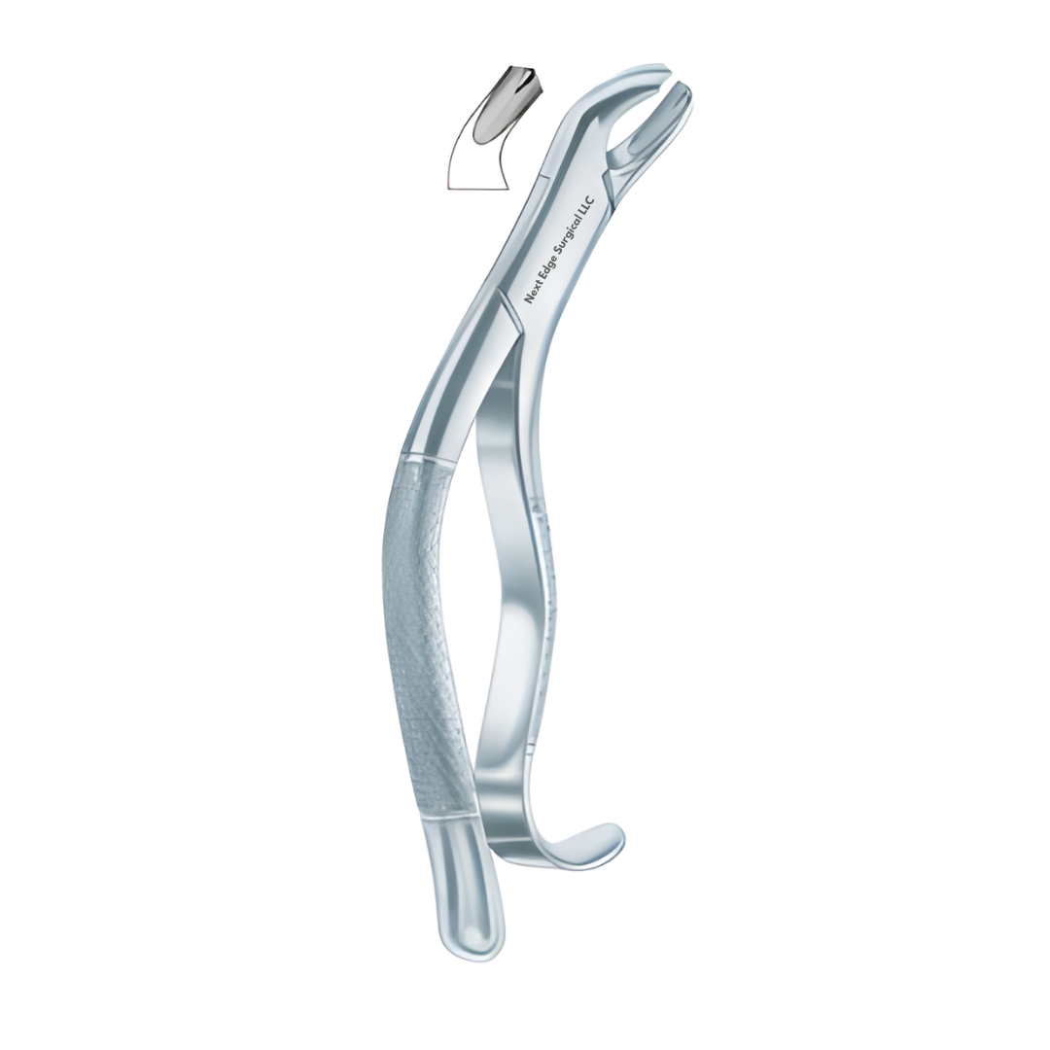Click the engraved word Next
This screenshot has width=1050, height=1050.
click(x=536, y=293)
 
